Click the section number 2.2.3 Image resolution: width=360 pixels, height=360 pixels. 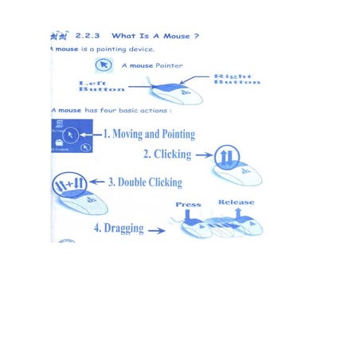pyautogui.click(x=88, y=36)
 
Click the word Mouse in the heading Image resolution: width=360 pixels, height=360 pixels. pyautogui.click(x=177, y=36)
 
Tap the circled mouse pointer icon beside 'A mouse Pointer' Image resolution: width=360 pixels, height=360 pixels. pyautogui.click(x=104, y=65)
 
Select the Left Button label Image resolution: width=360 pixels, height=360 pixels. pyautogui.click(x=102, y=86)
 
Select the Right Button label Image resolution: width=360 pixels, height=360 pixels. pyautogui.click(x=237, y=79)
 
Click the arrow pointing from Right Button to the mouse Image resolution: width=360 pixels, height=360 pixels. pyautogui.click(x=194, y=79)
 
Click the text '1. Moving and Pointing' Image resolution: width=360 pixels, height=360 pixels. pyautogui.click(x=149, y=134)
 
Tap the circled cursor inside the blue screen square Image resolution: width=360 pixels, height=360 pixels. pyautogui.click(x=70, y=135)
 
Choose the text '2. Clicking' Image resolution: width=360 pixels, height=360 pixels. pyautogui.click(x=167, y=155)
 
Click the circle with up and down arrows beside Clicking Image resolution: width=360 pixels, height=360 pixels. pyautogui.click(x=227, y=157)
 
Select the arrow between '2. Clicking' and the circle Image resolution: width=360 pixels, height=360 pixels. pyautogui.click(x=204, y=155)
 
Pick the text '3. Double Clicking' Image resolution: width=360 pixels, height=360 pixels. pyautogui.click(x=145, y=182)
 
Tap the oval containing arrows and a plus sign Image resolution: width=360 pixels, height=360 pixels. pyautogui.click(x=69, y=184)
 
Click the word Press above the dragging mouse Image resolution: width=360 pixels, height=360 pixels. pyautogui.click(x=188, y=205)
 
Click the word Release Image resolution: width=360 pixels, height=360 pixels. pyautogui.click(x=236, y=202)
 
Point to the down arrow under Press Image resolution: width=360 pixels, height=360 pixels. pyautogui.click(x=187, y=216)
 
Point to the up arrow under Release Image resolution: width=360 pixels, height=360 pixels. pyautogui.click(x=238, y=214)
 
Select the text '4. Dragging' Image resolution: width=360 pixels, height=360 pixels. pyautogui.click(x=119, y=228)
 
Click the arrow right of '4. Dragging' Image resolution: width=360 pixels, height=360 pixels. pyautogui.click(x=157, y=230)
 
